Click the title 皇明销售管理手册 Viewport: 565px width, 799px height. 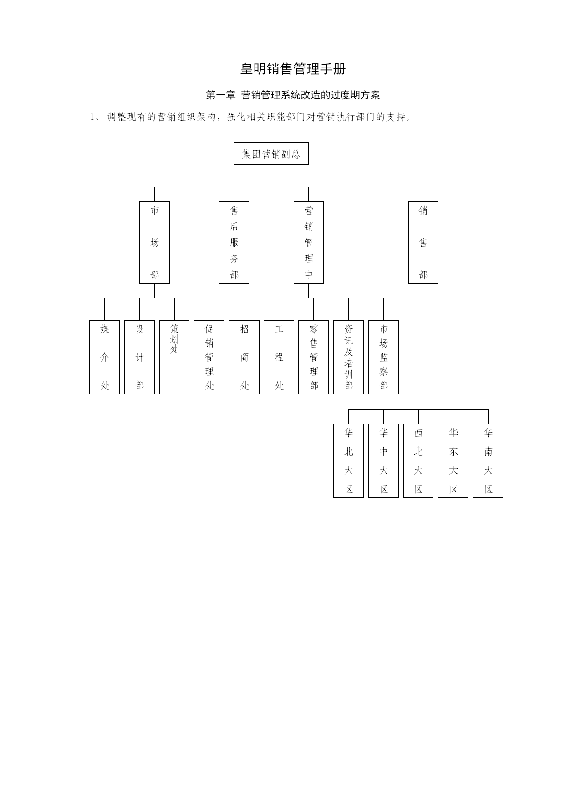293,69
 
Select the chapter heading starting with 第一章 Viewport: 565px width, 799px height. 293,95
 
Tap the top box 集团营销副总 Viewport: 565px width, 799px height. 271,154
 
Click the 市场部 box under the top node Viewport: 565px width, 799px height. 154,243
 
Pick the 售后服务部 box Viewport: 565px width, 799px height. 234,243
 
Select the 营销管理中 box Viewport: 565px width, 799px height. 309,243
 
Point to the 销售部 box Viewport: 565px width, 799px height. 423,243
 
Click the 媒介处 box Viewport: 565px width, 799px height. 105,357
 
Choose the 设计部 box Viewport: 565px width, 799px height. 139,357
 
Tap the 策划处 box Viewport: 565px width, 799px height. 174,357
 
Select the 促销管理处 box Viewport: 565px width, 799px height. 209,357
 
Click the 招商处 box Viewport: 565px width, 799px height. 244,357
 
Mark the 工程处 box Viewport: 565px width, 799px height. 279,357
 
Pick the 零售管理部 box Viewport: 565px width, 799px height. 314,357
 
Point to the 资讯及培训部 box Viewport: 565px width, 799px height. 349,357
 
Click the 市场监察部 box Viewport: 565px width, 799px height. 383,357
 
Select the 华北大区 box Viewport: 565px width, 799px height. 349,461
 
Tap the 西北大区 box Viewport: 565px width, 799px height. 418,461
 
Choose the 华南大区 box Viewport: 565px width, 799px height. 488,461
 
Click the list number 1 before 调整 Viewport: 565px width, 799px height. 92,117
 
